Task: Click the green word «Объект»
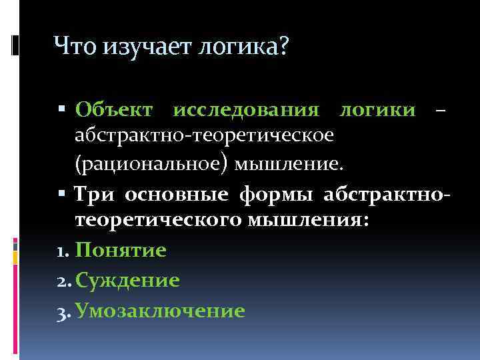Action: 114,109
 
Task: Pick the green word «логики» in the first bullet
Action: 377,109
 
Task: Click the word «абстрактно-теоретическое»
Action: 205,135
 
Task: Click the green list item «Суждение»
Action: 127,281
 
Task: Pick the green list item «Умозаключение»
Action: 160,310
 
